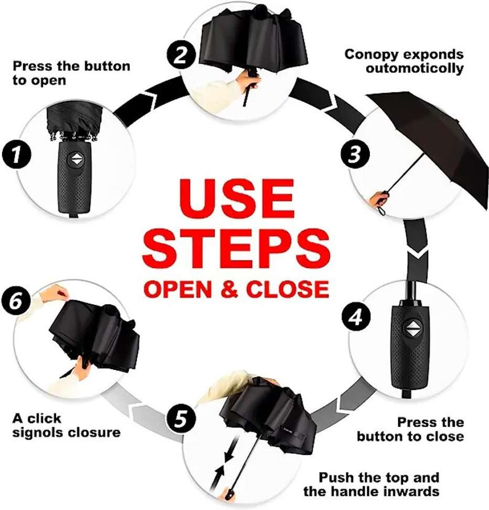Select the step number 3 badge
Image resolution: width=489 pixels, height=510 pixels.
(355, 154)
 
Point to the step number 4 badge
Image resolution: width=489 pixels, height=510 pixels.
(356, 316)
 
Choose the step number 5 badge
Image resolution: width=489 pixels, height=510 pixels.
(182, 419)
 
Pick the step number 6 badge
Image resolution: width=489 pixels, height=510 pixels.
(16, 301)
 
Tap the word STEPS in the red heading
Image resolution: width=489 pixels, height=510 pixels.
(236, 249)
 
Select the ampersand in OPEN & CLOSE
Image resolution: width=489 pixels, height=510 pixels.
(231, 289)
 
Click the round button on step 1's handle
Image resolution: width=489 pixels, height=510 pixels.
(77, 160)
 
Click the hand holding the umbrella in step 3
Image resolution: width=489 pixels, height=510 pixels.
(379, 198)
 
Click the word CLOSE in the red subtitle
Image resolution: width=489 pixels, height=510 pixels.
(288, 289)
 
